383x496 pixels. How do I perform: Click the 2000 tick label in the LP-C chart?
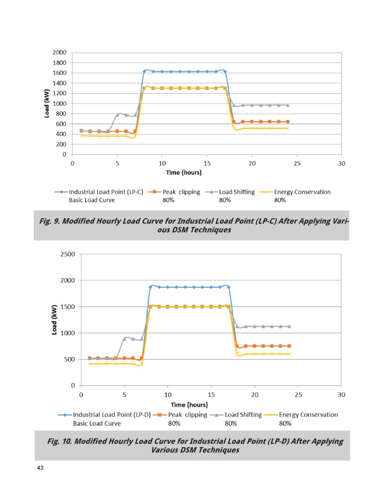point(60,53)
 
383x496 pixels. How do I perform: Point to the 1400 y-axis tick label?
point(60,83)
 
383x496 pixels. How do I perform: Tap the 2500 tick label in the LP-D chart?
point(68,254)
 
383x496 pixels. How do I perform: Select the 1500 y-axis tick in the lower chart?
point(68,307)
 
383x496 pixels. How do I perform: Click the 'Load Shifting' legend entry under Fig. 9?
point(237,192)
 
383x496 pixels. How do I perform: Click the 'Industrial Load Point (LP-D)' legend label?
point(112,415)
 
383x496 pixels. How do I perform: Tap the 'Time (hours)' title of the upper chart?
point(184,173)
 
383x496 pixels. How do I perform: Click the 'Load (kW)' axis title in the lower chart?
point(54,320)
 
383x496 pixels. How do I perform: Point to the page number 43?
point(40,468)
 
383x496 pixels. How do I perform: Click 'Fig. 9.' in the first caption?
point(50,221)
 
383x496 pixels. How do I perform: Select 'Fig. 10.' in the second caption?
point(60,441)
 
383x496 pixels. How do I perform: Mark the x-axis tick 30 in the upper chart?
point(341,164)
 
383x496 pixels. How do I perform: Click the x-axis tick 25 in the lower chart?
point(298,395)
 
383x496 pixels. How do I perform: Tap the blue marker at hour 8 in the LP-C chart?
point(144,71)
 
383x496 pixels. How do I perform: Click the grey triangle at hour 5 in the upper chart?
point(118,115)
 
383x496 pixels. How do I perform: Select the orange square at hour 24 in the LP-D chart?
point(289,346)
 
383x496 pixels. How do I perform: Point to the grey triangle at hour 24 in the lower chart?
point(289,326)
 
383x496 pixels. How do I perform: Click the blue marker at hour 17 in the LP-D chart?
point(229,287)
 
